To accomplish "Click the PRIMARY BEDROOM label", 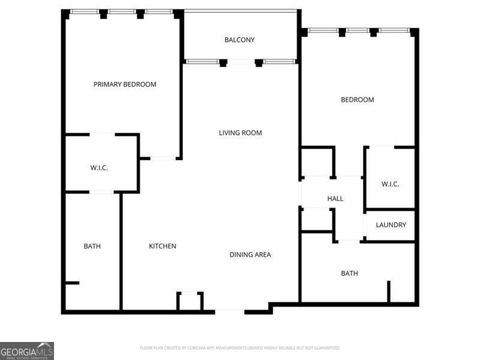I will [x=125, y=85].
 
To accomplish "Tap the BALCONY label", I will [x=239, y=40].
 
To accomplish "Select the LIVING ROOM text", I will [x=240, y=133].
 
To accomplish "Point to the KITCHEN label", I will [x=163, y=246].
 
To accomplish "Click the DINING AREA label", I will [x=250, y=254].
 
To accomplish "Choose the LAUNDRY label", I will [x=391, y=225].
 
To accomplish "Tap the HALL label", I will [x=335, y=199].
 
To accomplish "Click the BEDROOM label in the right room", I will [x=357, y=100].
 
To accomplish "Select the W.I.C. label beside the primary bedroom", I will [x=99, y=168].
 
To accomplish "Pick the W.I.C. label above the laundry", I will [x=390, y=184].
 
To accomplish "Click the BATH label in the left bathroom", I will [x=92, y=246].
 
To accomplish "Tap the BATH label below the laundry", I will [x=349, y=273].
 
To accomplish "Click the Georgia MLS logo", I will [x=27, y=350].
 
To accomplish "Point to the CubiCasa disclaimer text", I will [x=239, y=348].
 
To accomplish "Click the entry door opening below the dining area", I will [x=229, y=311].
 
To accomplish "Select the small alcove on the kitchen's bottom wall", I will [x=190, y=301].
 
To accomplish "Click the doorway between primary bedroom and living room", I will [x=163, y=158].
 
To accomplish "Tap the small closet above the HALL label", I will [x=317, y=162].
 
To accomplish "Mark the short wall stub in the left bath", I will [x=71, y=283].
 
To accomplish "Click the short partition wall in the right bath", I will [x=389, y=292].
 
